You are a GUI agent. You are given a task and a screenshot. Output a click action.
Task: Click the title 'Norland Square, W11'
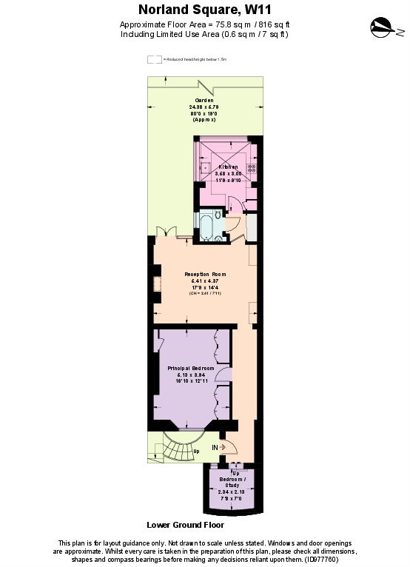pos(205,10)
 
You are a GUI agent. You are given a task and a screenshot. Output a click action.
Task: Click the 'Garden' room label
pos(204,100)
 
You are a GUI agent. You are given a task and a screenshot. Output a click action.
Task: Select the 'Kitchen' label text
pos(227,167)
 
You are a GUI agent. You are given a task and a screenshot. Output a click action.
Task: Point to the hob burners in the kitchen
pos(252,168)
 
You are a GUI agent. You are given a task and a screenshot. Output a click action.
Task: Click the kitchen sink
pos(204,168)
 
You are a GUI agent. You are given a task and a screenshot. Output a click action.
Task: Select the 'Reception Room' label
pos(205,274)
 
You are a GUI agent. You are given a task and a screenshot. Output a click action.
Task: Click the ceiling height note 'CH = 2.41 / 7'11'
pos(205,294)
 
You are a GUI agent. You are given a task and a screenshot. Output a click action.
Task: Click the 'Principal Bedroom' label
pos(190,368)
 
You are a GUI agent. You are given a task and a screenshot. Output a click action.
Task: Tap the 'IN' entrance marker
pos(215,447)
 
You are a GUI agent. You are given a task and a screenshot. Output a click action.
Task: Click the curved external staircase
pos(177,449)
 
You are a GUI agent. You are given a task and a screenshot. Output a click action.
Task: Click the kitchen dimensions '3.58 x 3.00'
pos(227,174)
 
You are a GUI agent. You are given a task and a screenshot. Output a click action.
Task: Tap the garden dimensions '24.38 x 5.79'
pos(204,107)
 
